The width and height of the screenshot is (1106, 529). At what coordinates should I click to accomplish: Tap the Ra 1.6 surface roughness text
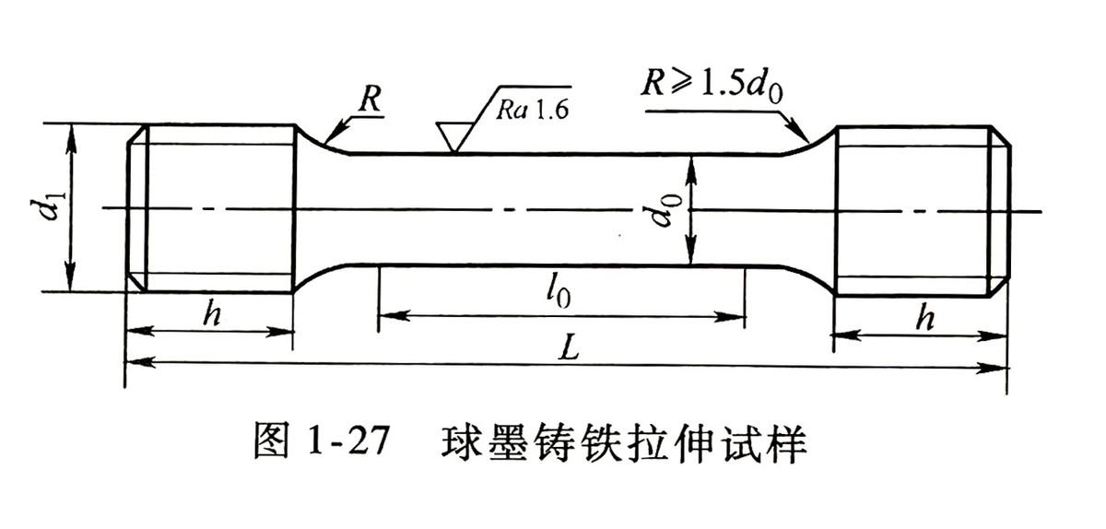pyautogui.click(x=533, y=110)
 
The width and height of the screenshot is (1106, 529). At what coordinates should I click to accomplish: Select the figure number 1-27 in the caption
pyautogui.click(x=347, y=439)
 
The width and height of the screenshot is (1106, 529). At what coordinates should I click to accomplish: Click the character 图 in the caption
pyautogui.click(x=271, y=441)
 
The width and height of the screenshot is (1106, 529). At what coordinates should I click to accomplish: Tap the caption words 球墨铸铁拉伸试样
pyautogui.click(x=624, y=441)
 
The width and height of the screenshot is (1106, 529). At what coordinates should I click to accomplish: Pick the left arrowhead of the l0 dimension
pyautogui.click(x=394, y=315)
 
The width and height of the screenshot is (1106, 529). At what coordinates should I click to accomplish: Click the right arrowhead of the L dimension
pyautogui.click(x=993, y=368)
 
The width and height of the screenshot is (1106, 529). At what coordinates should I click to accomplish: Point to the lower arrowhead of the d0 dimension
pyautogui.click(x=690, y=251)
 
